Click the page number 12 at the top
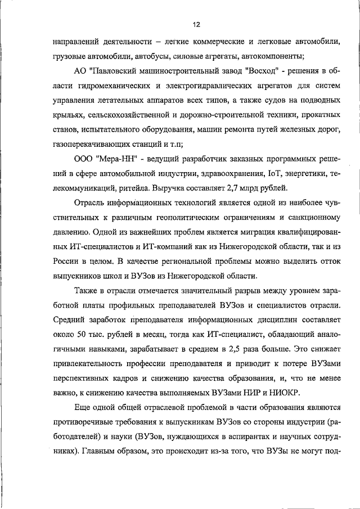(x=195, y=25)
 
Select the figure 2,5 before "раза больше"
(x=237, y=349)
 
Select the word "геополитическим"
(x=191, y=217)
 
